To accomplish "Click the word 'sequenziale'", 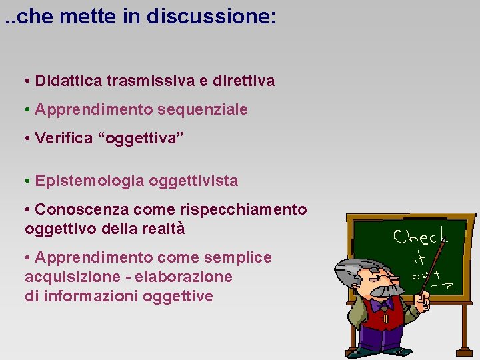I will [x=211, y=109].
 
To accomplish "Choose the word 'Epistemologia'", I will [x=89, y=181].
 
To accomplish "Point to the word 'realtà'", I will [x=163, y=229].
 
